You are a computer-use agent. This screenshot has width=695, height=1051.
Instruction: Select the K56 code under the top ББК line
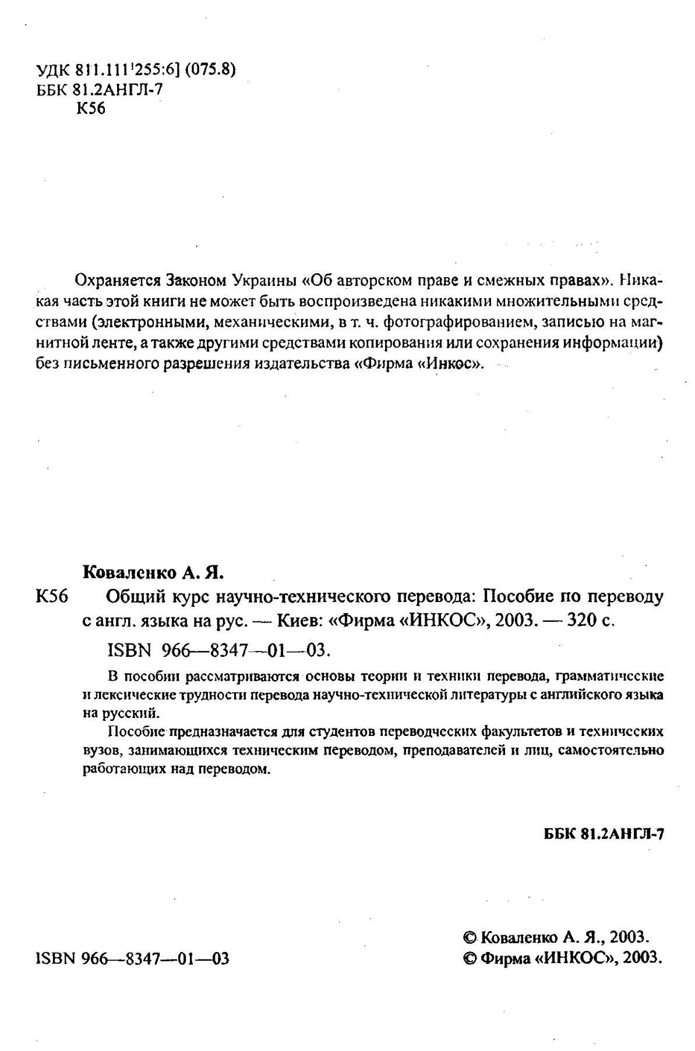91,109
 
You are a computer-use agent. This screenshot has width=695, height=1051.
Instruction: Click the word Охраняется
118,280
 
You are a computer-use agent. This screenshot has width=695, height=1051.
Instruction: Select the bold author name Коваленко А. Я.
154,573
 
